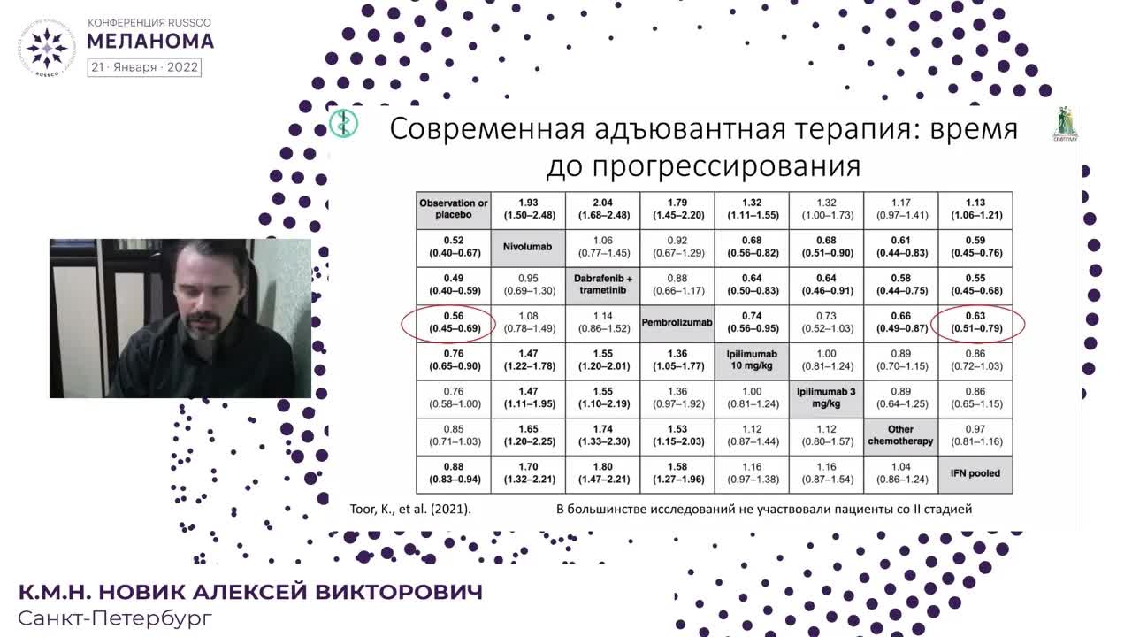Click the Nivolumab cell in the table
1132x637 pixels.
(x=528, y=247)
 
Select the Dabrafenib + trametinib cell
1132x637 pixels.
(x=602, y=285)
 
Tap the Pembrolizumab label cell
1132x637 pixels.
(x=677, y=323)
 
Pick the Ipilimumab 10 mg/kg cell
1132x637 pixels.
(x=752, y=360)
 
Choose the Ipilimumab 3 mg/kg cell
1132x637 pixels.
(x=826, y=398)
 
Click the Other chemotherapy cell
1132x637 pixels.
(x=900, y=435)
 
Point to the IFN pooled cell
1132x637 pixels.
(x=975, y=473)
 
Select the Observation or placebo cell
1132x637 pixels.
(x=454, y=209)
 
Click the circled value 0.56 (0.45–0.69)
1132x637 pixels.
(x=454, y=323)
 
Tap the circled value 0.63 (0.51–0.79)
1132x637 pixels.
(x=975, y=323)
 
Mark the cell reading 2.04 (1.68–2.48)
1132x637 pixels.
(x=602, y=209)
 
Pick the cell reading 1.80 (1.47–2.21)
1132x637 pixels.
(x=602, y=473)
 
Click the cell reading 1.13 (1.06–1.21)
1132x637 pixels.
(x=975, y=209)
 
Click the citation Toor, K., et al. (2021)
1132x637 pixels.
(x=411, y=509)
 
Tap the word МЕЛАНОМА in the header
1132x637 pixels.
(x=150, y=41)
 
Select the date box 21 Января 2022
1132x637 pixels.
(x=144, y=67)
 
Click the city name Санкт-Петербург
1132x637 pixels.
(x=115, y=618)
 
